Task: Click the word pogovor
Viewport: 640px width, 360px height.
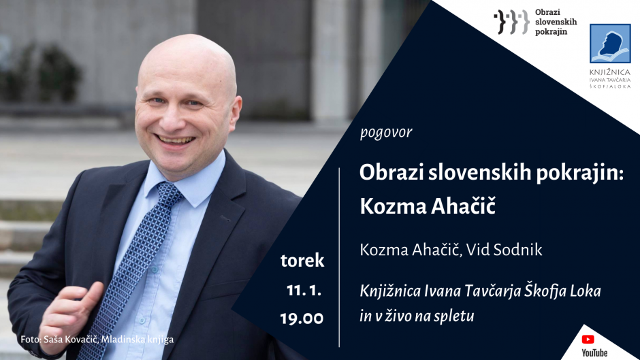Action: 386,133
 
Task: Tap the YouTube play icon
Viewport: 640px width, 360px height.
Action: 588,339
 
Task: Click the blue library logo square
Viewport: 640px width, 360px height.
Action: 610,44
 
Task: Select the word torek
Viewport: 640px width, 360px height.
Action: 302,261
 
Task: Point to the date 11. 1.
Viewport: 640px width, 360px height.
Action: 304,290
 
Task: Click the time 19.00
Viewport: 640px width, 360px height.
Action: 302,318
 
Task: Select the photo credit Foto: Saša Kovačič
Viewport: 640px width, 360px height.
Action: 59,339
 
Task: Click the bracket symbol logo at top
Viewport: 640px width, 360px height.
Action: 512,22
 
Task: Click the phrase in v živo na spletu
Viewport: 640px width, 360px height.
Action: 417,316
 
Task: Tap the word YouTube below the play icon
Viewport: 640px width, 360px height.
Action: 594,353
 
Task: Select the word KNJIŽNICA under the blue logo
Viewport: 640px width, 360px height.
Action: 610,72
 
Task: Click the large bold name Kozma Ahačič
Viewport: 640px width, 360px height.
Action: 428,206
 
